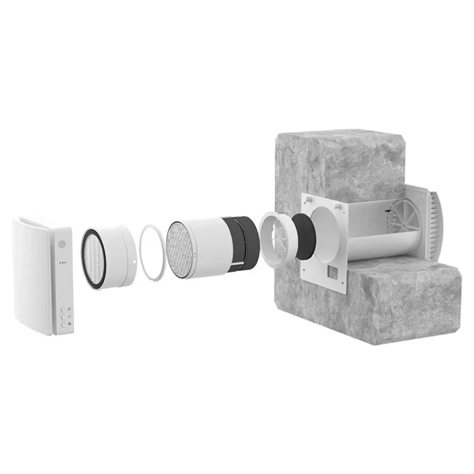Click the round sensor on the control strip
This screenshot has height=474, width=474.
point(61,244)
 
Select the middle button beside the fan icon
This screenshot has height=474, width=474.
point(63,316)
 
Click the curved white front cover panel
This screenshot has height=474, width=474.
point(33,276)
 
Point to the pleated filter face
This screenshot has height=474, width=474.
point(94,257)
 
